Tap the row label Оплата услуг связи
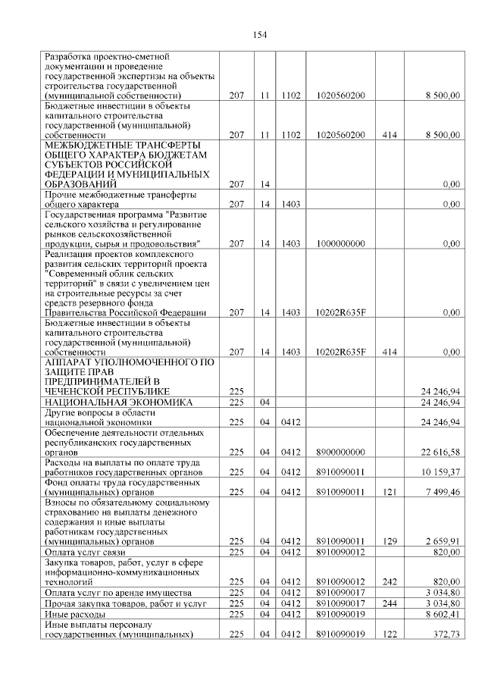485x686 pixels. (83, 553)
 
